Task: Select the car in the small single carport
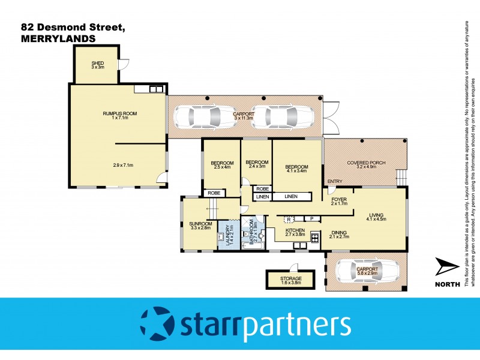[358, 271]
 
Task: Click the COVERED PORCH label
[364, 163]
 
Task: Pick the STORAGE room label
[290, 279]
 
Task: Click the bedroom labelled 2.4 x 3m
[256, 163]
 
